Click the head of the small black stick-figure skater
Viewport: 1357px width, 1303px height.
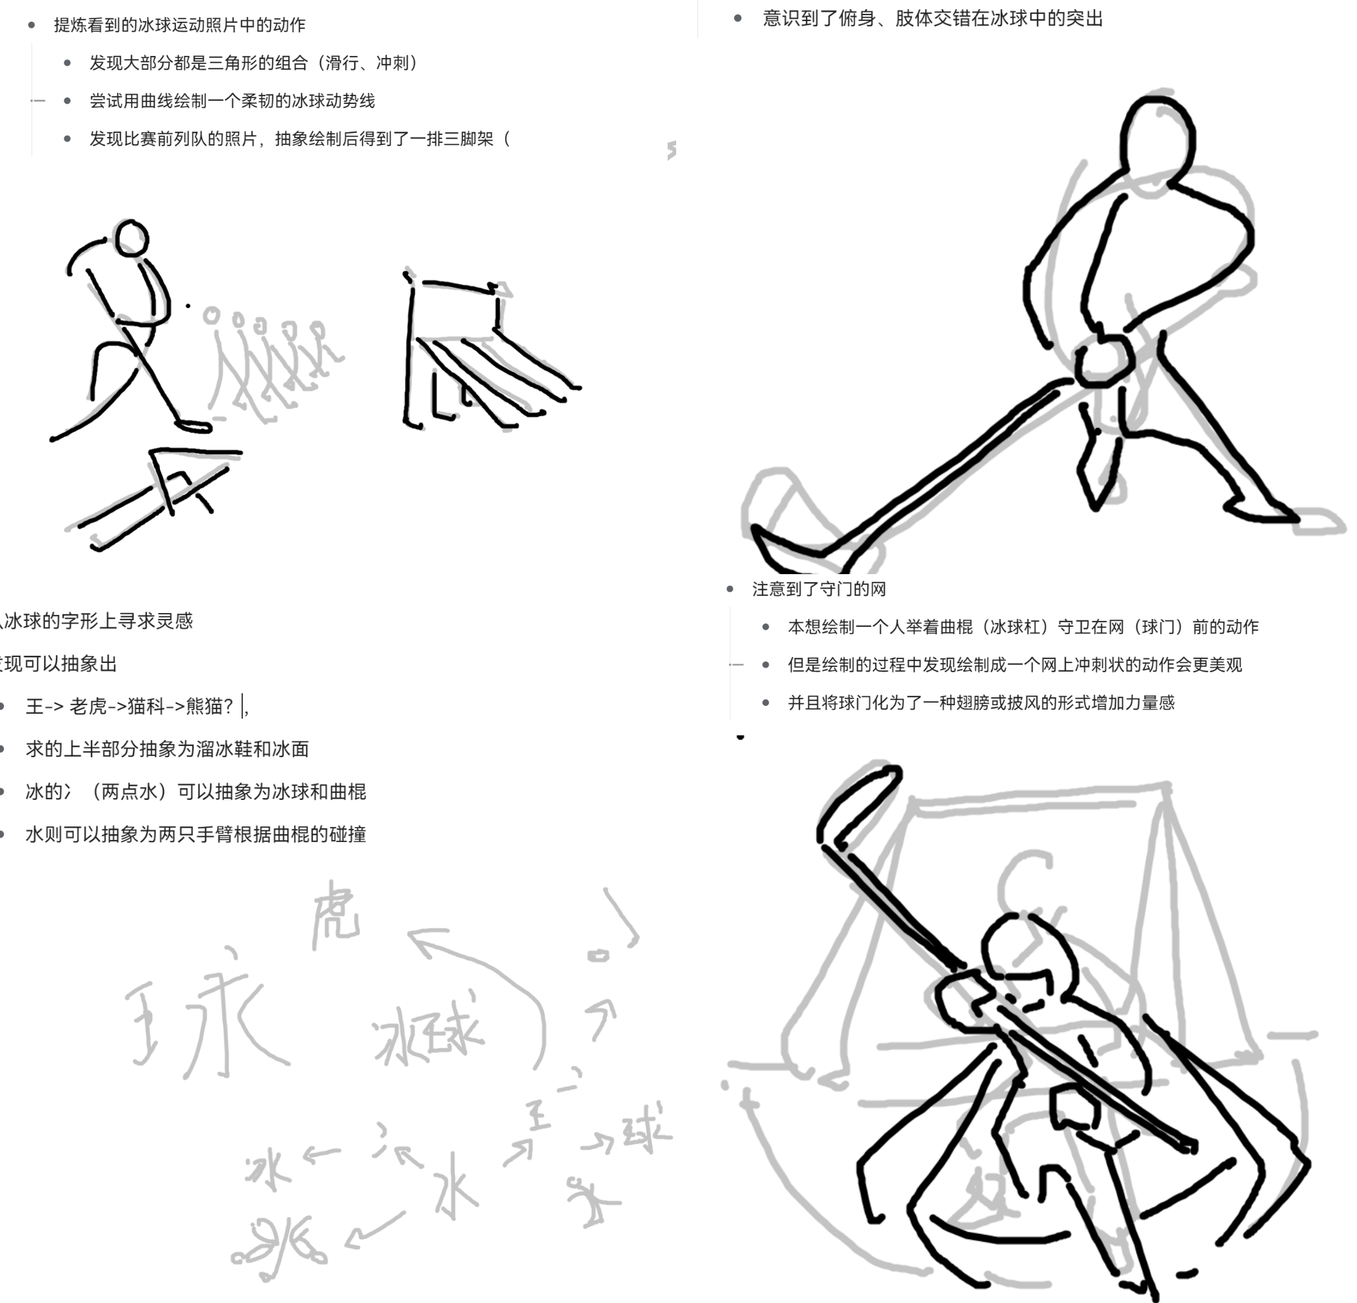[x=132, y=239]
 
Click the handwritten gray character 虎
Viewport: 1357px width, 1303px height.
[x=336, y=914]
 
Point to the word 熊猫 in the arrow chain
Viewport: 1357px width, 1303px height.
[x=205, y=706]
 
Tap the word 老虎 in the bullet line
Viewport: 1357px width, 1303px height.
[x=88, y=706]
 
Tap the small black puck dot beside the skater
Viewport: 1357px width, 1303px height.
[x=188, y=306]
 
